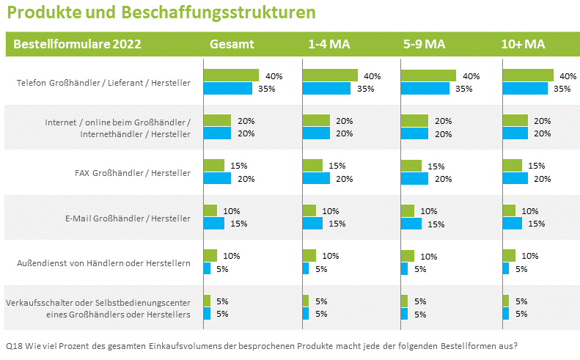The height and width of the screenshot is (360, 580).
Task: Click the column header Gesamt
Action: pyautogui.click(x=232, y=44)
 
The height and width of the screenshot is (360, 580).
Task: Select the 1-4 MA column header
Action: pyautogui.click(x=328, y=44)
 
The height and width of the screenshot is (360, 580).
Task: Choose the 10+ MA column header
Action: pyautogui.click(x=523, y=44)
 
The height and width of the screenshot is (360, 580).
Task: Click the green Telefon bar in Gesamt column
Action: pyautogui.click(x=231, y=76)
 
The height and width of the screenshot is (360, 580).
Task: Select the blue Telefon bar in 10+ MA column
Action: pyautogui.click(x=525, y=89)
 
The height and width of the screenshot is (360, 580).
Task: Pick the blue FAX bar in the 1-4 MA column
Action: pyautogui.click(x=316, y=178)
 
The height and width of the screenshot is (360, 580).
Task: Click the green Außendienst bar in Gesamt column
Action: pyautogui.click(x=210, y=255)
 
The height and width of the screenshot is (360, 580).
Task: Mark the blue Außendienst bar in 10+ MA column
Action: pyautogui.click(x=506, y=268)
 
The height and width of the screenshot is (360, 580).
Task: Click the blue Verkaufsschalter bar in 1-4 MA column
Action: pyautogui.click(x=306, y=313)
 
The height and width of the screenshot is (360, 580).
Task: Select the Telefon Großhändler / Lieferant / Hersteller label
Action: pyautogui.click(x=103, y=83)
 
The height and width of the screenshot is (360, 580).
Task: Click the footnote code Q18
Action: pyautogui.click(x=13, y=345)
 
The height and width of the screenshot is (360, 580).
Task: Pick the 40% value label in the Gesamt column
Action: pyautogui.click(x=274, y=76)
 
